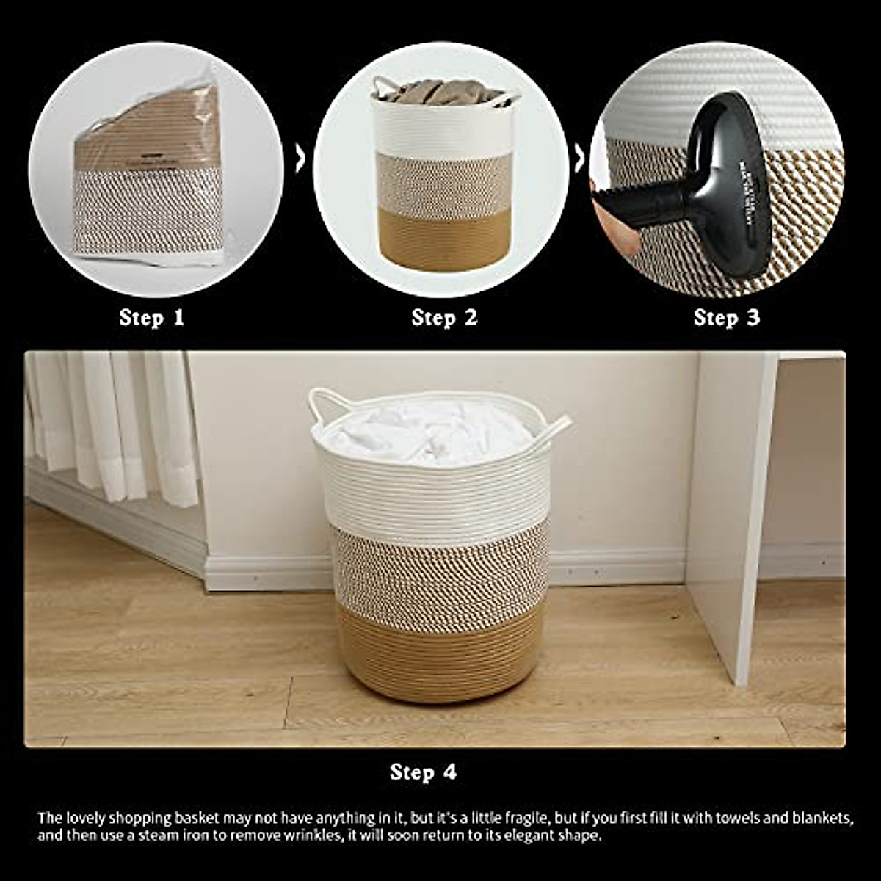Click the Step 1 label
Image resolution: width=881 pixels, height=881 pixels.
click(x=152, y=318)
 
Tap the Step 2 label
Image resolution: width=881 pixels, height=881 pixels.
click(x=444, y=318)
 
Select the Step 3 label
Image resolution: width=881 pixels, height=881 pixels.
click(x=727, y=318)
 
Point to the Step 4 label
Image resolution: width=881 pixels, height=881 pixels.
click(x=424, y=772)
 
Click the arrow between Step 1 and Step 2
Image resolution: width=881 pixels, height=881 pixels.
click(x=300, y=159)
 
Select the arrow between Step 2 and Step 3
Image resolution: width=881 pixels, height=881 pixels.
click(x=579, y=159)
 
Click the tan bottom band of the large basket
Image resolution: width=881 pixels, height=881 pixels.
click(x=440, y=653)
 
